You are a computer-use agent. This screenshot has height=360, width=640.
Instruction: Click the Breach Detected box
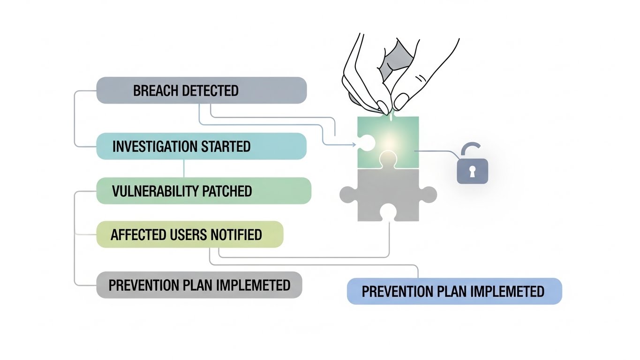[202, 90]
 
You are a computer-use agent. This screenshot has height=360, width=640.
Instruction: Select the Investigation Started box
[202, 146]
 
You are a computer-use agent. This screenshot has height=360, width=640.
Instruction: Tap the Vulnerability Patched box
[203, 191]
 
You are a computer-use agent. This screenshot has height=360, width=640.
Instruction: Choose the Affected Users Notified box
[190, 234]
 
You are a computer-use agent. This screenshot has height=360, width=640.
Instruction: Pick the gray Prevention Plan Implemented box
[199, 285]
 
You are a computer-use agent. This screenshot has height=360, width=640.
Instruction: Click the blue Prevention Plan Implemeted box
[454, 291]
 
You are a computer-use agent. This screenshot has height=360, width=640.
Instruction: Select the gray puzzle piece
[388, 197]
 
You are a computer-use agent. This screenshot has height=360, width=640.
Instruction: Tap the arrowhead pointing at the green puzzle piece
[353, 144]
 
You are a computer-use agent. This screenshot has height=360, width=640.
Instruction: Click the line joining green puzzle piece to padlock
[436, 151]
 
